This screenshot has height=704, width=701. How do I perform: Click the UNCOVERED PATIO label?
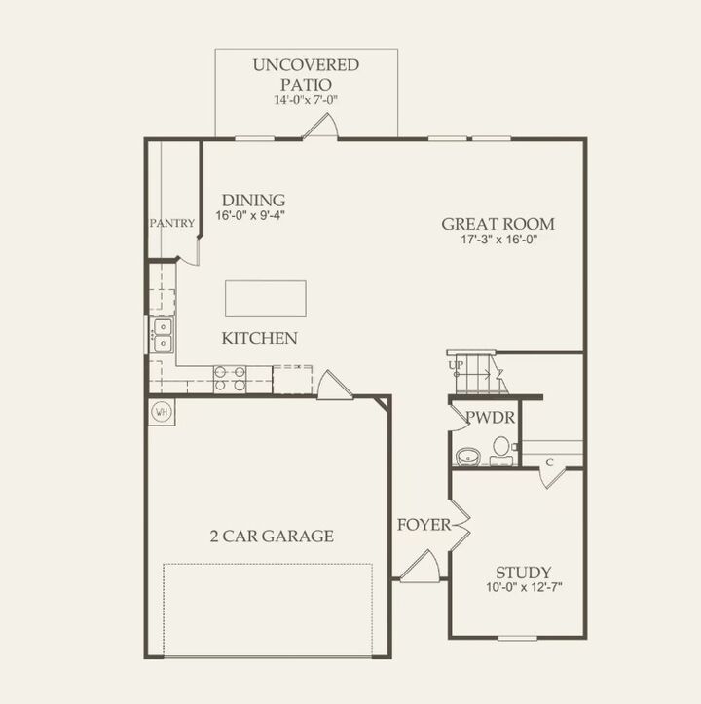coord(306,74)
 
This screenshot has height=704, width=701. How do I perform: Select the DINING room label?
coord(251,199)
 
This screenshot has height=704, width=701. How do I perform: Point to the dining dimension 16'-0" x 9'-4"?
coord(251,215)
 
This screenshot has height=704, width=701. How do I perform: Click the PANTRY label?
coord(172,223)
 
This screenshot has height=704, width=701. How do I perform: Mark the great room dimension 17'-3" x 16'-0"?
coord(498,240)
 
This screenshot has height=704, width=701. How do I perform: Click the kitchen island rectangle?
coord(266,299)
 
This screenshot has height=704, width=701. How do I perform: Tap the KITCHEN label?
coord(259,339)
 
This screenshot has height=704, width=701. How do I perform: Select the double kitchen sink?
coord(161,334)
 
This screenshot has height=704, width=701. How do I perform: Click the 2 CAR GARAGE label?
coord(272,536)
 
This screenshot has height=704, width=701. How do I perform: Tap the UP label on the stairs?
coord(455,365)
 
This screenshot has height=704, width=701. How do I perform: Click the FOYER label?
coord(424,525)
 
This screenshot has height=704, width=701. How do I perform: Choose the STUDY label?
coord(524,572)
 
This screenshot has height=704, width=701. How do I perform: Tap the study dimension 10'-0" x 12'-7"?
coord(524,587)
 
